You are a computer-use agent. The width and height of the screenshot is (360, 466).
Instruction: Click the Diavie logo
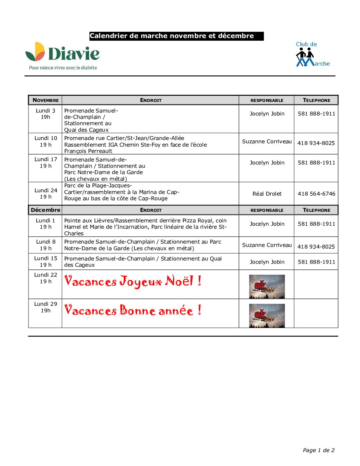[63, 53]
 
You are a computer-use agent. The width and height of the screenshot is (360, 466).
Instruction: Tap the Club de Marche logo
[312, 55]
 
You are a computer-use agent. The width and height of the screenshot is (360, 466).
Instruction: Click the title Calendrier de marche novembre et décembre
[176, 36]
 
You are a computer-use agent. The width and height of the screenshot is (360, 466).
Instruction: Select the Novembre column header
[46, 100]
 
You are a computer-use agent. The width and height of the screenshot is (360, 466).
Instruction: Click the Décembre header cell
[46, 210]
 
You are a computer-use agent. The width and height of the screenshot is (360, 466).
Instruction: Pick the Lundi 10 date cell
[46, 141]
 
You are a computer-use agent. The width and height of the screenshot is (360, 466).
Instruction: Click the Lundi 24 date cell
[46, 194]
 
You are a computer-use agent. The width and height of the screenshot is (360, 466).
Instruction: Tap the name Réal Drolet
[267, 194]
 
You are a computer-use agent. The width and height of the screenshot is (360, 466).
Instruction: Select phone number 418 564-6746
[316, 194]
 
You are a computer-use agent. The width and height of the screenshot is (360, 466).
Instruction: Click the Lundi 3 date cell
[46, 114]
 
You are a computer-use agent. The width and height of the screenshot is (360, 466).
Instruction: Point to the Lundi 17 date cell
[46, 163]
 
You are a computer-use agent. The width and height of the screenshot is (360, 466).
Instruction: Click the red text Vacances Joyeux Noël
[133, 281]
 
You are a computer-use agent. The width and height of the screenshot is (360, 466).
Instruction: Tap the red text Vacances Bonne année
[133, 310]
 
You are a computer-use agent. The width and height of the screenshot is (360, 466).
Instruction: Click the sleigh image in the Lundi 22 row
[267, 287]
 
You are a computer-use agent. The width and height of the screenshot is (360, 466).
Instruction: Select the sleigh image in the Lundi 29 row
[267, 316]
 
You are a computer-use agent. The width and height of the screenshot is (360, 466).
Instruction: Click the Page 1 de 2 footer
[318, 450]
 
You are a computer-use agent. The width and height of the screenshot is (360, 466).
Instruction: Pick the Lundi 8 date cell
[46, 245]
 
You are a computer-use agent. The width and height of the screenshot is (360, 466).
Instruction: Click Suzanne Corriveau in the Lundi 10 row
[267, 142]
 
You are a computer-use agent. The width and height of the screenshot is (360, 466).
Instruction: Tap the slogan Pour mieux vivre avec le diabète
[63, 68]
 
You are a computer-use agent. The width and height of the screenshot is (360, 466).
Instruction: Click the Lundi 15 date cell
[46, 261]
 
